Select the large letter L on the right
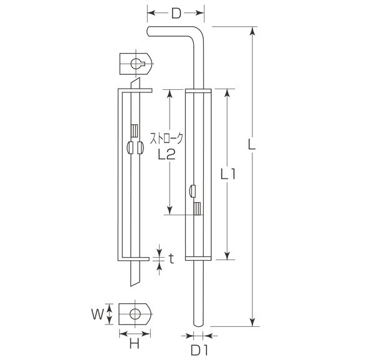pos(250,145)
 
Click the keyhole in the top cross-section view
pos(139,62)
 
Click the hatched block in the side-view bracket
pos(133,132)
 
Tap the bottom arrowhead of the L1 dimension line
pos(228,255)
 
